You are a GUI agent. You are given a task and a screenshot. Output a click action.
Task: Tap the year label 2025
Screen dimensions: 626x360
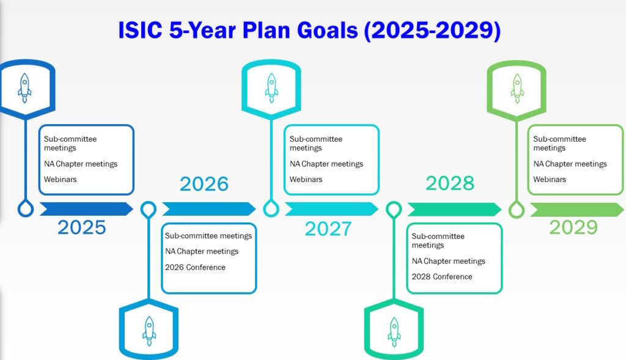tap(82, 227)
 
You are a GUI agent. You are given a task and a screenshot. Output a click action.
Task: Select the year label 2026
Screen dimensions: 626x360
tap(204, 184)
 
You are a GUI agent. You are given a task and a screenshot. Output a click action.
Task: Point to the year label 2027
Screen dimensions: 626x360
tap(328, 229)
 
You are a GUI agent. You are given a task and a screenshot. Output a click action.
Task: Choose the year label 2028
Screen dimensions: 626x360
tap(450, 183)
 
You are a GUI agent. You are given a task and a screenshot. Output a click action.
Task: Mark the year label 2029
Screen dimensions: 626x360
tap(573, 227)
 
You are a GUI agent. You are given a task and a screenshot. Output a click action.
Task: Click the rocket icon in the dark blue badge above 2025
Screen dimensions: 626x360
tap(24, 88)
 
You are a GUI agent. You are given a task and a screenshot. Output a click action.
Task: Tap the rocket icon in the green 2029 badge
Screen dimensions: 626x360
tap(517, 88)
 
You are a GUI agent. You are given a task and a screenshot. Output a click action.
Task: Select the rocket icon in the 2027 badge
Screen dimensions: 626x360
tap(271, 88)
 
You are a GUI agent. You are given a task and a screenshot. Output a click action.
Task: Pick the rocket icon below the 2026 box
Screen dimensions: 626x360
tap(149, 331)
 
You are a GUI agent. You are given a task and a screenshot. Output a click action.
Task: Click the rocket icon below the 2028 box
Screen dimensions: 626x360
tap(394, 332)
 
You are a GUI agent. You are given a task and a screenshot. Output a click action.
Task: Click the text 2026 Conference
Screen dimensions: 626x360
tap(195, 268)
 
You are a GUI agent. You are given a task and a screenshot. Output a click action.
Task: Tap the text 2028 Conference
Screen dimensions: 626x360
tap(442, 277)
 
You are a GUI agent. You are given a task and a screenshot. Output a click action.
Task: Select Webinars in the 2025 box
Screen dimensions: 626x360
tap(61, 179)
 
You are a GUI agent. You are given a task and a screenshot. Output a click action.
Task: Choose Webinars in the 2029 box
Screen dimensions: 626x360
tap(550, 179)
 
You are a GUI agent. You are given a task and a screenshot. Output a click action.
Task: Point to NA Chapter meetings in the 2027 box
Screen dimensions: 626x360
tap(326, 164)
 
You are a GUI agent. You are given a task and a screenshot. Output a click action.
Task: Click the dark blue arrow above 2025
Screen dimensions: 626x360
tap(86, 209)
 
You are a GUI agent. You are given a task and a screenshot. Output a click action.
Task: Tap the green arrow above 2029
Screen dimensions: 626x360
tap(576, 209)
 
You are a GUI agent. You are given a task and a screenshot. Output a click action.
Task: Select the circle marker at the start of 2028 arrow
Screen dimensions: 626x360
tap(394, 210)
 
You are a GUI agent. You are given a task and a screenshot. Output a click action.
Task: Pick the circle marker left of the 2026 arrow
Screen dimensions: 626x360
tap(149, 210)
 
